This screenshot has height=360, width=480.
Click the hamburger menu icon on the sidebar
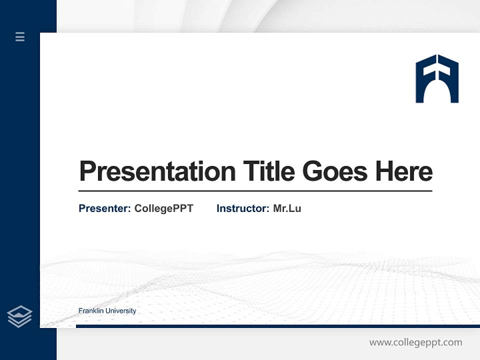coord(20,36)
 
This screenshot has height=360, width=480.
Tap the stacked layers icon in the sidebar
coord(19,316)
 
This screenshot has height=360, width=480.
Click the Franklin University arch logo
coord(437,79)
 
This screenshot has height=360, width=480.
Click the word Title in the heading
coord(269,171)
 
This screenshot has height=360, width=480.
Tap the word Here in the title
coord(404,171)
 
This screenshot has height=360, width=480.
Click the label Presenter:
coord(105,208)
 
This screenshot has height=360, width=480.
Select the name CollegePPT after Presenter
coord(163,208)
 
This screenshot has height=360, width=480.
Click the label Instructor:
coord(243,208)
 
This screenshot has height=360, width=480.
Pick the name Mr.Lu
coord(287,208)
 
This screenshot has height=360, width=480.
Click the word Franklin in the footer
coord(91,311)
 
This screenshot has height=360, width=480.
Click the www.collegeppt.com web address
coord(415,342)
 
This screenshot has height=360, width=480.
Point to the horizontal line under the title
coord(255,191)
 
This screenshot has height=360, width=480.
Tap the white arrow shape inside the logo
coord(437,67)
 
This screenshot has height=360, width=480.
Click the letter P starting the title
coord(87,171)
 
